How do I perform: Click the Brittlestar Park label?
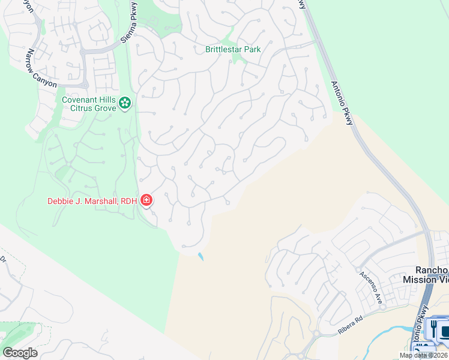(x=233, y=49)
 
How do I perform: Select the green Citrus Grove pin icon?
(x=125, y=103)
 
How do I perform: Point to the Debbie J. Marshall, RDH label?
(x=92, y=201)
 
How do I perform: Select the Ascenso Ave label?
(x=372, y=285)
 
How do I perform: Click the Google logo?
(x=20, y=353)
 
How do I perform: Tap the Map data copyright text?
(x=424, y=355)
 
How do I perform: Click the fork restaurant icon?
(x=432, y=329)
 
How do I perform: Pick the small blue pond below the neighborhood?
(x=200, y=256)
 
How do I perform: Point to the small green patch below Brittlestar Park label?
(x=242, y=59)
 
